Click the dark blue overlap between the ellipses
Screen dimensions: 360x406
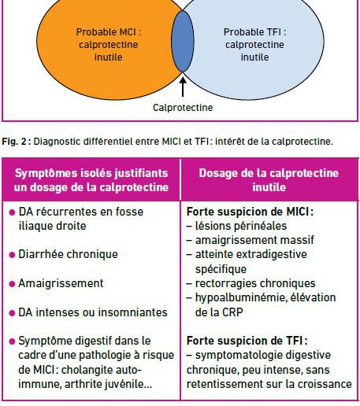click(183, 41)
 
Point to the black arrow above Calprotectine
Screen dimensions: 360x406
click(183, 86)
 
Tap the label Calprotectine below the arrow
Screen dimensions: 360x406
click(183, 108)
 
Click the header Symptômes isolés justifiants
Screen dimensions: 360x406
click(91, 173)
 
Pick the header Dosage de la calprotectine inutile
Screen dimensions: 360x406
click(269, 180)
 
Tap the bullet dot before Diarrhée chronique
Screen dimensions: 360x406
click(12, 255)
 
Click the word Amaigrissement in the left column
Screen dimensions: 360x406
click(61, 283)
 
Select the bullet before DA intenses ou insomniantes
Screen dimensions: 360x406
click(12, 313)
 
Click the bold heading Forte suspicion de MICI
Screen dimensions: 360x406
click(250, 212)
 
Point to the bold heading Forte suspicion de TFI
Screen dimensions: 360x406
click(247, 341)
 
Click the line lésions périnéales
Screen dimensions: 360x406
click(236, 226)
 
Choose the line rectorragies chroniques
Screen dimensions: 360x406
click(251, 283)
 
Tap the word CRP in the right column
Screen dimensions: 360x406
click(232, 312)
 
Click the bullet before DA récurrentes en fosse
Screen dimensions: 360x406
click(12, 212)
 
